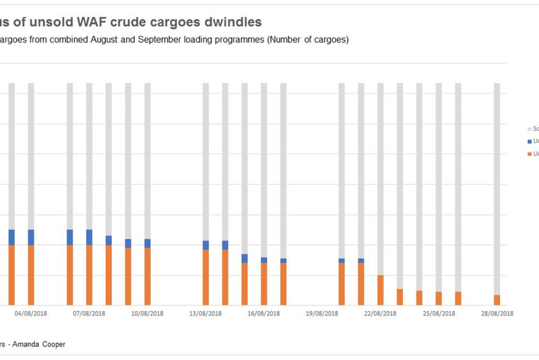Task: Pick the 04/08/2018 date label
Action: tap(31, 313)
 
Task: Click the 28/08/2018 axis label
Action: tap(497, 313)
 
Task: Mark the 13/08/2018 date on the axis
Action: tap(206, 313)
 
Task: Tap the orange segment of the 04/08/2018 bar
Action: tap(31, 275)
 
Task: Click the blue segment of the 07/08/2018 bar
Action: tap(90, 237)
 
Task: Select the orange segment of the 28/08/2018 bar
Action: tap(497, 300)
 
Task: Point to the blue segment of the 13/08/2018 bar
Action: tap(206, 245)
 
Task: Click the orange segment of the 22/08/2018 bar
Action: tap(381, 290)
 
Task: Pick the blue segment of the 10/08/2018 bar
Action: tap(148, 243)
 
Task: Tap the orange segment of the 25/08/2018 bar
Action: tap(439, 299)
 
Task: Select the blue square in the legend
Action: tap(529, 142)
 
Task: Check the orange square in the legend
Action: tap(529, 154)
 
